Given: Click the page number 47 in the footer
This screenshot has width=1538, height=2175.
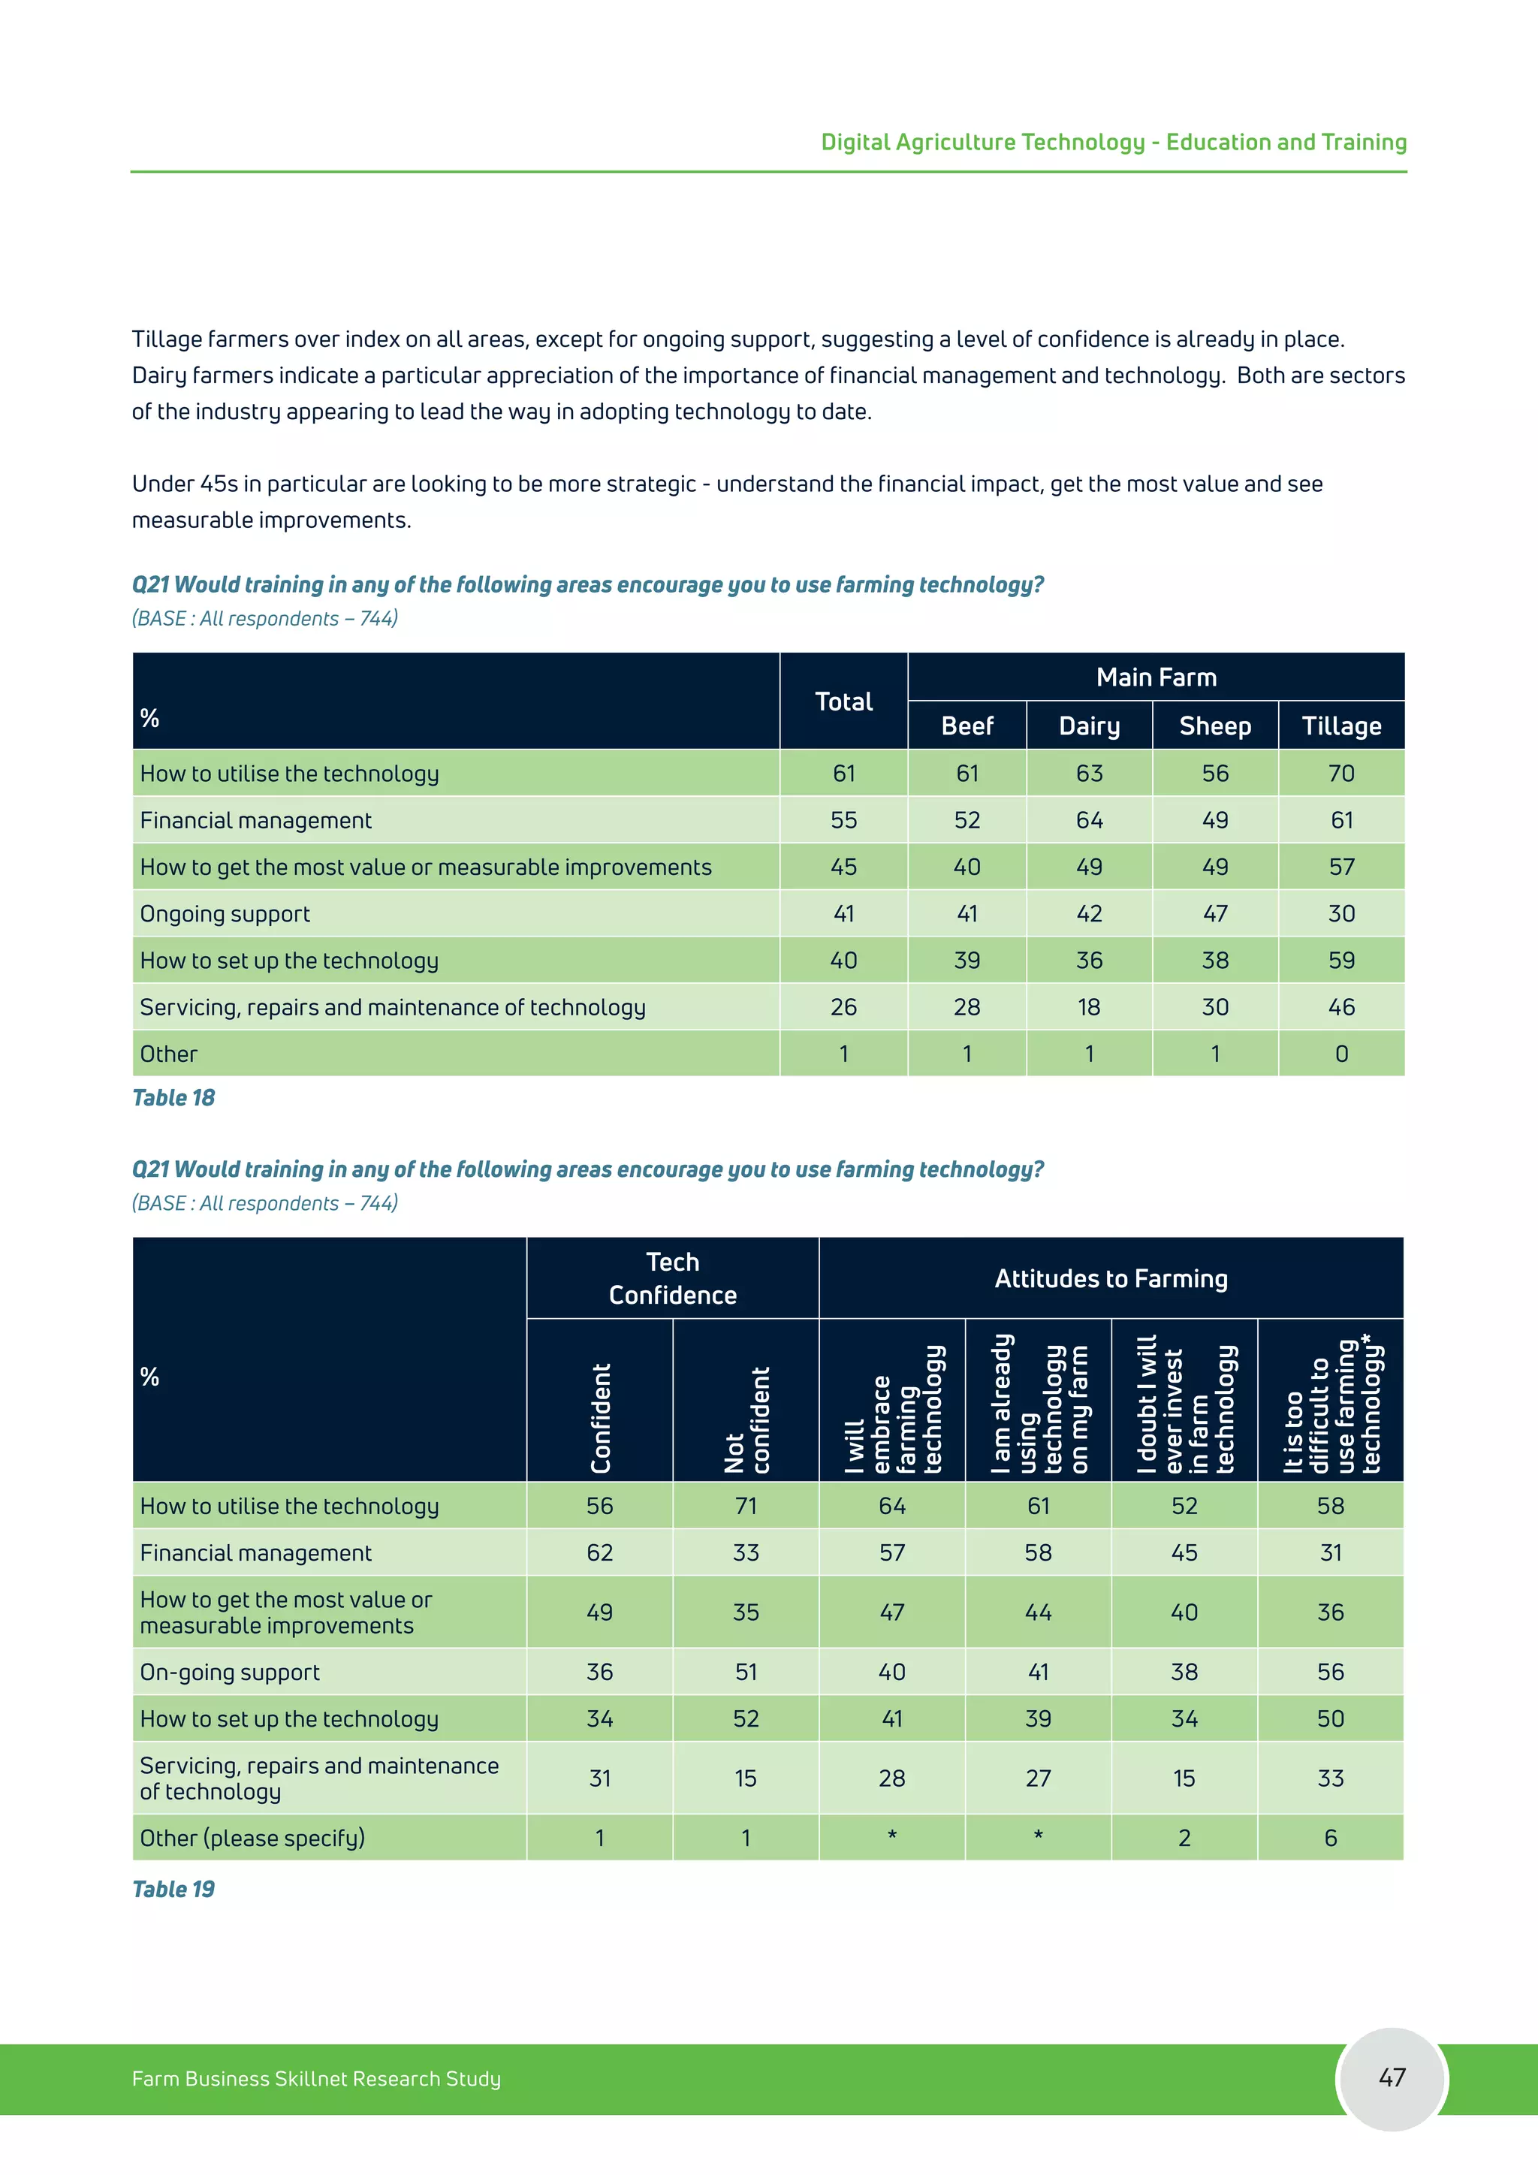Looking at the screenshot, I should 1392,2077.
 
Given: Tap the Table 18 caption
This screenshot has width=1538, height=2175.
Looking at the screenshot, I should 173,1098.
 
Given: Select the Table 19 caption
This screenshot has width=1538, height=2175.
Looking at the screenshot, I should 173,1889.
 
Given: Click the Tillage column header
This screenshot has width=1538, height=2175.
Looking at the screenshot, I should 1341,726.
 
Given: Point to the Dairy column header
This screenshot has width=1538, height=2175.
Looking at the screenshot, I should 1089,726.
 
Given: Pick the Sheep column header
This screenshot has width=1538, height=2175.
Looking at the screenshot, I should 1215,726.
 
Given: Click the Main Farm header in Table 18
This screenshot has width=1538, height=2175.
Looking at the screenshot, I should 1157,677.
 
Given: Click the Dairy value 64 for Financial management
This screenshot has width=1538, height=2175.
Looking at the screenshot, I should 1089,820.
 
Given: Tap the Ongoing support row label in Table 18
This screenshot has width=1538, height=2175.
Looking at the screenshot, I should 225,914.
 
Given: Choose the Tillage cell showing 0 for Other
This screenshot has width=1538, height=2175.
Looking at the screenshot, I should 1341,1054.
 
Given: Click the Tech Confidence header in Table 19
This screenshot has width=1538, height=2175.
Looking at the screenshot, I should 672,1278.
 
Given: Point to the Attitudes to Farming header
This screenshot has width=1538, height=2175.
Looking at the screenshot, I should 1111,1279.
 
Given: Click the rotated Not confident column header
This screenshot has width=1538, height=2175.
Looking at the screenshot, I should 746,1419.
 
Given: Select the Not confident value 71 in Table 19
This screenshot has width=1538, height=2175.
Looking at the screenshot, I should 746,1507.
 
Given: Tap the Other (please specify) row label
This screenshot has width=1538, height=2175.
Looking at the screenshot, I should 252,1838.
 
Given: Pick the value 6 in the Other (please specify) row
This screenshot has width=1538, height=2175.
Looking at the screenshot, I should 1331,1838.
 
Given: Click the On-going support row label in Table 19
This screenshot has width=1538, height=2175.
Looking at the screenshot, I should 230,1672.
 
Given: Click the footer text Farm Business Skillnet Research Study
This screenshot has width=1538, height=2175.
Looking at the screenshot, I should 316,2078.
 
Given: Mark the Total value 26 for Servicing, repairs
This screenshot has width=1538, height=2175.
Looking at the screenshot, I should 844,1007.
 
